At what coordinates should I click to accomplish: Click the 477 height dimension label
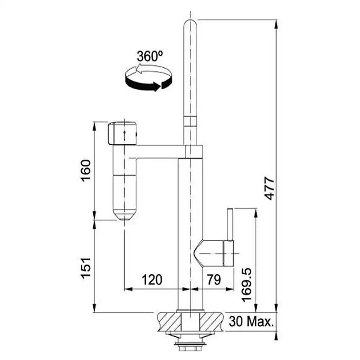[270, 188]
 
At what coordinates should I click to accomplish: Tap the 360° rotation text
[150, 56]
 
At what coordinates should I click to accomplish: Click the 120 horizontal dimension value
[152, 280]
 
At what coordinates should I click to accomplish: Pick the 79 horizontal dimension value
[214, 280]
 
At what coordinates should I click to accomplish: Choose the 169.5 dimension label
[247, 285]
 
